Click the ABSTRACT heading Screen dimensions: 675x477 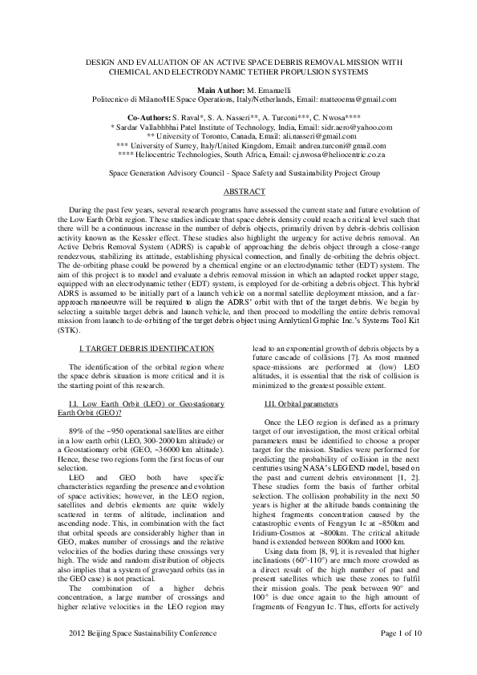(x=238, y=194)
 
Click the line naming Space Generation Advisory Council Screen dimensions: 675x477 (x=238, y=173)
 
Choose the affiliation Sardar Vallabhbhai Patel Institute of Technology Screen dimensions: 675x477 (x=206, y=127)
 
